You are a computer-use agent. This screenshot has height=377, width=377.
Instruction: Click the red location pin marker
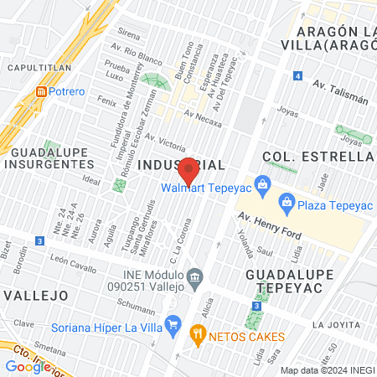[x=188, y=170]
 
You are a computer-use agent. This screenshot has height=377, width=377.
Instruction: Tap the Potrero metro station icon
[x=40, y=90]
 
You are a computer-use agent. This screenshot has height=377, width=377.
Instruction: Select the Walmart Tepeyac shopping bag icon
[x=262, y=183]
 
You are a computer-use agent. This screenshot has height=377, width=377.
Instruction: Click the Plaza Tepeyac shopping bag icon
[x=287, y=201]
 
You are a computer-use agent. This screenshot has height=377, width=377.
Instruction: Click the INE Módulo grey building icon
[x=194, y=276]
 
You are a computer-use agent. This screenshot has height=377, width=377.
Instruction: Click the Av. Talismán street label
[x=339, y=91]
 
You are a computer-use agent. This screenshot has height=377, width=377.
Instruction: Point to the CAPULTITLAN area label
[x=34, y=65]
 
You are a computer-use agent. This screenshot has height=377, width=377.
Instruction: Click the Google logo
[x=27, y=366]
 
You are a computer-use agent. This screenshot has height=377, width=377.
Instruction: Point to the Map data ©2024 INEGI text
[x=327, y=369]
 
